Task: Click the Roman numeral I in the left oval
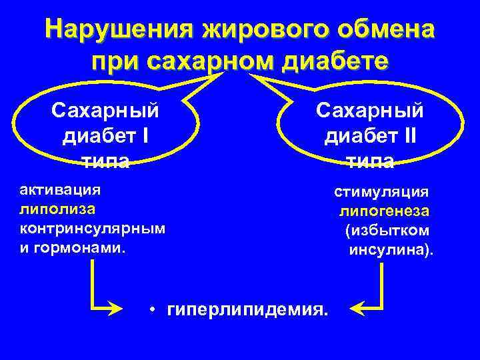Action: (145, 135)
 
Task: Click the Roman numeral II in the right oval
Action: (405, 135)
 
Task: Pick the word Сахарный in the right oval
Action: (369, 109)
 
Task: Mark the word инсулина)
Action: (391, 251)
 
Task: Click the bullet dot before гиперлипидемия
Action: (153, 309)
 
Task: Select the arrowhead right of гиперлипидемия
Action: (357, 309)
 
